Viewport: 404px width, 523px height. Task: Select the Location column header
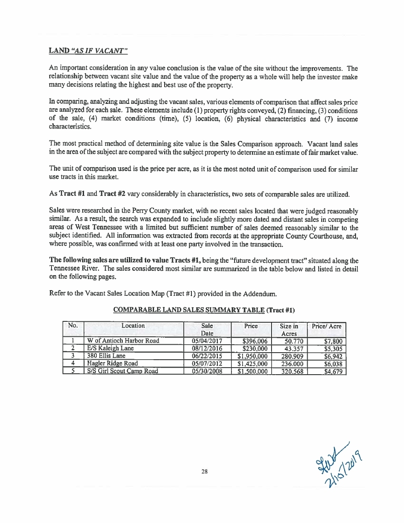pos(133,326)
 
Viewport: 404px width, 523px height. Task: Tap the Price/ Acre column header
pos(326,326)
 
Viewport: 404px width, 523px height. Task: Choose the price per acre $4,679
pos(333,371)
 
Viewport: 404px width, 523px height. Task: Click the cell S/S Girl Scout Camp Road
pos(122,371)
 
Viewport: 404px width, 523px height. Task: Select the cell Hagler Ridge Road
pos(112,363)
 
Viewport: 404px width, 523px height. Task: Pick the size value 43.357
pos(289,348)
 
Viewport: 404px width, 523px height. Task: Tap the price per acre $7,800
pos(333,341)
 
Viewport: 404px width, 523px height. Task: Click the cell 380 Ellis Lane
pos(106,356)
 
